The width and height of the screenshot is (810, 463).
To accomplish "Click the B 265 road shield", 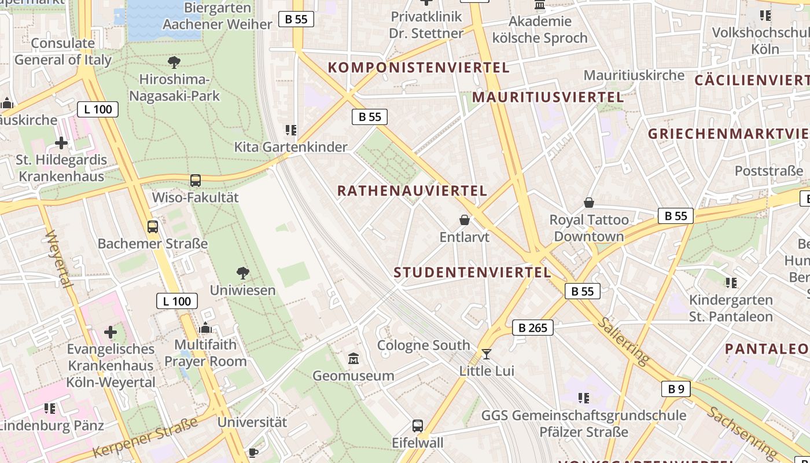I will (x=533, y=328).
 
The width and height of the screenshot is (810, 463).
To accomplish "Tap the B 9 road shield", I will (x=676, y=389).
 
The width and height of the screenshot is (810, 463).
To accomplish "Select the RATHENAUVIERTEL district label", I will (x=412, y=190).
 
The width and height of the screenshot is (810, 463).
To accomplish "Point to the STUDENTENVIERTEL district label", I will (x=472, y=272).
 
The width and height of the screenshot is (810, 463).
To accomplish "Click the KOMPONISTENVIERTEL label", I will (x=419, y=67).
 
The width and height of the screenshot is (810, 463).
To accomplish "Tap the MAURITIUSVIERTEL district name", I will (x=548, y=97).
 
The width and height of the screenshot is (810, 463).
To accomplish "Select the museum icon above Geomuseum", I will (x=354, y=359).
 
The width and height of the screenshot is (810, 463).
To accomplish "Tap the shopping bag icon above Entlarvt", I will (x=464, y=220).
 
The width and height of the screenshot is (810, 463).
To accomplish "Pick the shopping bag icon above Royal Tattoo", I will (x=589, y=203).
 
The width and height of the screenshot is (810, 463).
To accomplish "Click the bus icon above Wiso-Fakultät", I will (x=196, y=181).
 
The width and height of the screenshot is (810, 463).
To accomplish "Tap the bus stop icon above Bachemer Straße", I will (x=153, y=227).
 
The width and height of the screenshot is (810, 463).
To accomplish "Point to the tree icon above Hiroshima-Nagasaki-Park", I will (x=174, y=63).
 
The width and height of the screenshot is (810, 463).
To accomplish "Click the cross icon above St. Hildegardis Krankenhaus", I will (x=61, y=143).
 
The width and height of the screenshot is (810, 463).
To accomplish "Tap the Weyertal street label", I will (x=58, y=259).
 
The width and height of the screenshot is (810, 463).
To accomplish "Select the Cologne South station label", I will (x=424, y=346).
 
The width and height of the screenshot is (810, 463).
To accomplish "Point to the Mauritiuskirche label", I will (x=634, y=75).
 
